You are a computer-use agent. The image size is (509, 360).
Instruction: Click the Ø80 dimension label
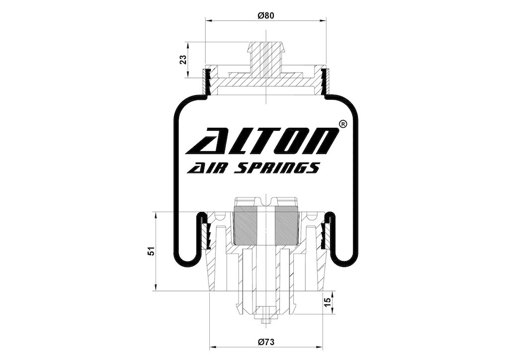click(266, 15)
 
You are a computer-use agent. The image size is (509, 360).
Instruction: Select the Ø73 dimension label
click(266, 342)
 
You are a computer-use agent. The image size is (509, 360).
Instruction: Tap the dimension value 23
click(184, 60)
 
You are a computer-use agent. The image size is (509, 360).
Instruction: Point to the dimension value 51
click(151, 252)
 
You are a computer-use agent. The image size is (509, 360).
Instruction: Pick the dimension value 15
click(328, 301)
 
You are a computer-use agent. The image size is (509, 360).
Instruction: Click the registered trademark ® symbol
click(343, 124)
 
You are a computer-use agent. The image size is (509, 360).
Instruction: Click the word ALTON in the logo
click(262, 141)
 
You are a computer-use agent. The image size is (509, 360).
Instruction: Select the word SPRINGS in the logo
click(277, 168)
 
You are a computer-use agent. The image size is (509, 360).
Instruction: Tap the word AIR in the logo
click(205, 168)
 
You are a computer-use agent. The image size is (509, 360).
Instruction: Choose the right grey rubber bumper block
click(286, 225)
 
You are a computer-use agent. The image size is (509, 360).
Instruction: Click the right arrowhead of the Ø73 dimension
click(320, 348)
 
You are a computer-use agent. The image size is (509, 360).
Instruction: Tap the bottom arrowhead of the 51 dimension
click(156, 288)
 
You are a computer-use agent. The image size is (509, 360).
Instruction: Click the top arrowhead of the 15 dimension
click(333, 294)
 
